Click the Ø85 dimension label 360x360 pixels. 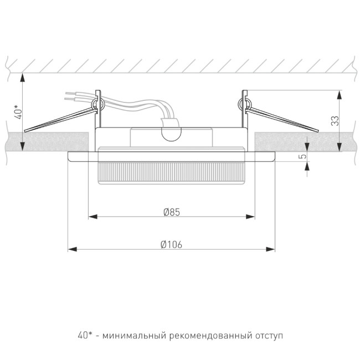(x=171, y=212)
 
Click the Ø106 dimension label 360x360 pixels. (x=171, y=244)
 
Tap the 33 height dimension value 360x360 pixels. (x=335, y=120)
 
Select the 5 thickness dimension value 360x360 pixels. (x=302, y=157)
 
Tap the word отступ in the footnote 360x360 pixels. (x=269, y=336)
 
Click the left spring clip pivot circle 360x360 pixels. (x=97, y=102)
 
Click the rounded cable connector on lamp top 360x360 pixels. (x=171, y=132)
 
